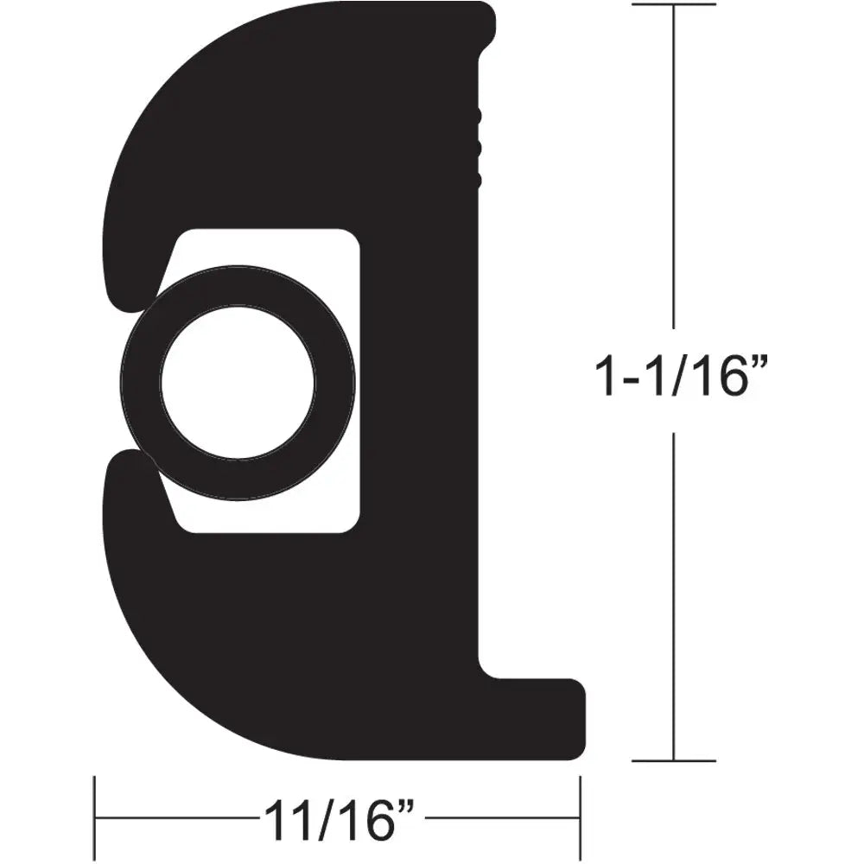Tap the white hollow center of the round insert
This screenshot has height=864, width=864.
click(237, 380)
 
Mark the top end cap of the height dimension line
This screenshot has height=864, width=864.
click(674, 5)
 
